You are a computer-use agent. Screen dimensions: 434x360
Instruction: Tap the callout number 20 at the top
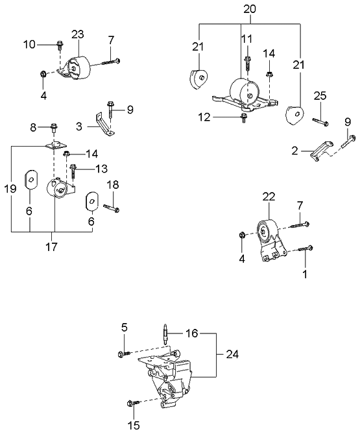click(x=250, y=10)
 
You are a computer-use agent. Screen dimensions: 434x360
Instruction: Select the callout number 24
click(x=232, y=354)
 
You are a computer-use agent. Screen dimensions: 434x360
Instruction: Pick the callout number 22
click(x=269, y=197)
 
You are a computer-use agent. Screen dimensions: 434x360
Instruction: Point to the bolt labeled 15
click(x=134, y=404)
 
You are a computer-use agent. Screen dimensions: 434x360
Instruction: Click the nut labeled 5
click(x=123, y=354)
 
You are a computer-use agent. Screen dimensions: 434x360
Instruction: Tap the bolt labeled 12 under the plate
click(x=244, y=117)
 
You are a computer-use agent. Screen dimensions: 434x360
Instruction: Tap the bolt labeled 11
click(x=248, y=63)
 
